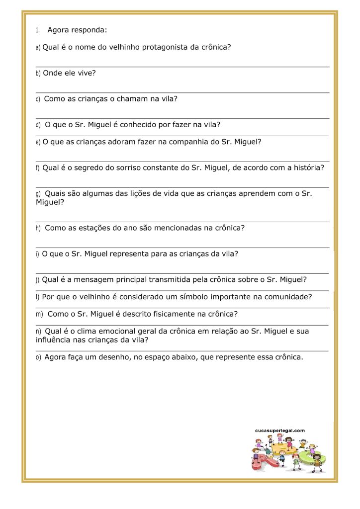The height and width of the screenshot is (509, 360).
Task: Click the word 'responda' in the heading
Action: [89, 30]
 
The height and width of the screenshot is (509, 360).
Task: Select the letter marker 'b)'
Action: [38, 73]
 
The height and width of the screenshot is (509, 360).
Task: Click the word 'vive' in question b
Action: [86, 73]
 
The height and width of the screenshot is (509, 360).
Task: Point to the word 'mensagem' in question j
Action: [92, 280]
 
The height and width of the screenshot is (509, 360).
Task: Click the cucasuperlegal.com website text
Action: [279, 430]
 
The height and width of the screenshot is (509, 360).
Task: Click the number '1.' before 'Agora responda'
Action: [38, 30]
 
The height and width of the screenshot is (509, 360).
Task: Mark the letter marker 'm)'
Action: [39, 314]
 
